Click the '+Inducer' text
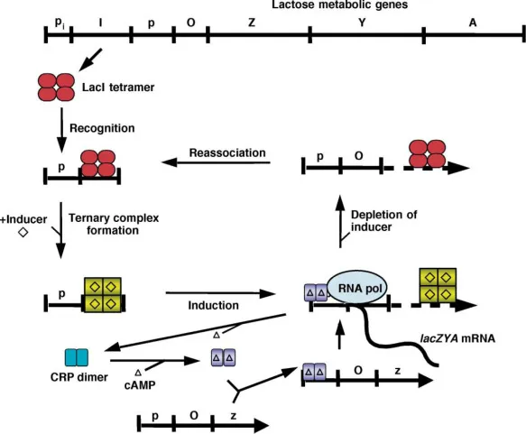tap(23, 218)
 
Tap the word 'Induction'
tap(213, 306)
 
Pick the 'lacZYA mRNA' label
tap(457, 341)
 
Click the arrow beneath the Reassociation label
tap(217, 162)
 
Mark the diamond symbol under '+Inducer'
tap(23, 233)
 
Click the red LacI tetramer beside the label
tap(57, 87)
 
